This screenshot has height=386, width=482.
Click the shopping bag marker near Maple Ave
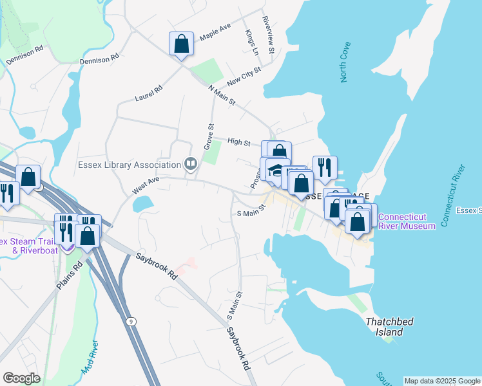point(182,44)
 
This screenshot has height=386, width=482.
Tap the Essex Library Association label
point(131,163)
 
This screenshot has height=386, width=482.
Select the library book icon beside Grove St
point(190,163)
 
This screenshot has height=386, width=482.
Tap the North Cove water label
point(346,62)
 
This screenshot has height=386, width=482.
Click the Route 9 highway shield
point(131,321)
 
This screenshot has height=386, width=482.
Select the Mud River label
point(89,356)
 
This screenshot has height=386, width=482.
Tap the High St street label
point(239,142)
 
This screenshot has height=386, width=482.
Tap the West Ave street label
point(145,186)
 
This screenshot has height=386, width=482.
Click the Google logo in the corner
point(21,378)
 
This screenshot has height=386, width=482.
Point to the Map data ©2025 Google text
point(441,381)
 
